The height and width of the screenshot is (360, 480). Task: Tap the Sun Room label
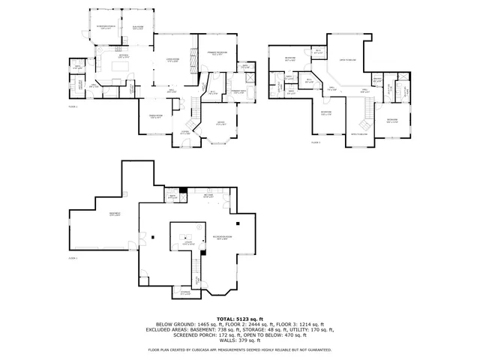(137, 28)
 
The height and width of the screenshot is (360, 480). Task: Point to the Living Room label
(172, 61)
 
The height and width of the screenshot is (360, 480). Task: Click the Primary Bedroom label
(219, 54)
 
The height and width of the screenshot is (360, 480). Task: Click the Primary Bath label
(238, 92)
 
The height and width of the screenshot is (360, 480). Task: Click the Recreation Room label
(222, 237)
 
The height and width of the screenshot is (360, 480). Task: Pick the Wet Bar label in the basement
(208, 196)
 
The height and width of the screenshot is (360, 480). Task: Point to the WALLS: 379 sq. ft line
(239, 342)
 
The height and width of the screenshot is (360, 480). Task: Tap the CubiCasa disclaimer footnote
(239, 350)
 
